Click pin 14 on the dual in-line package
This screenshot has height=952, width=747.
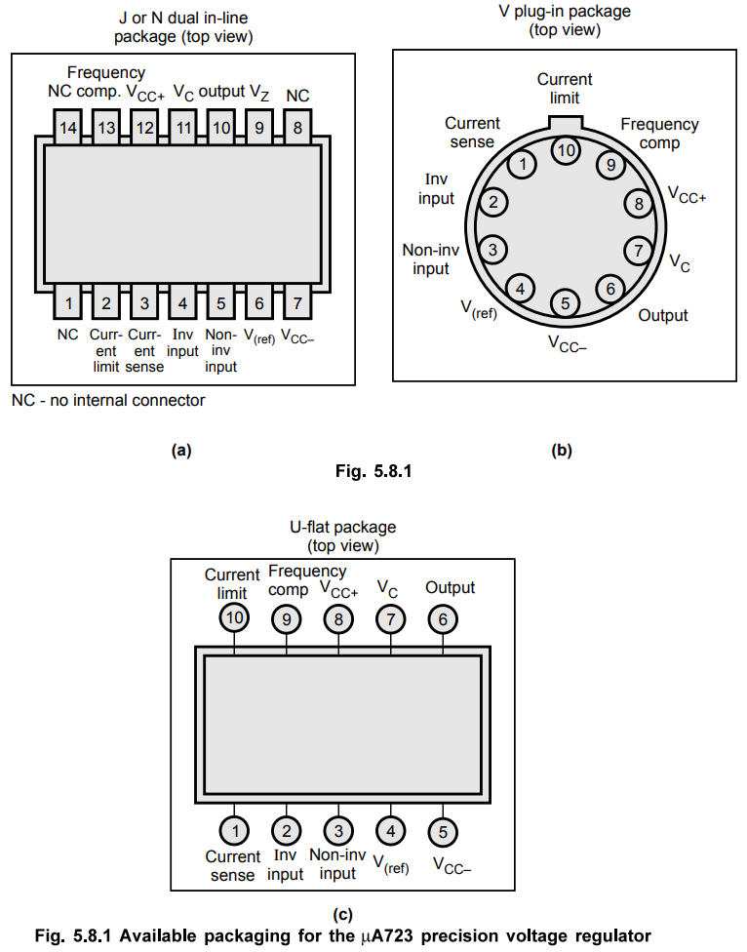(x=67, y=127)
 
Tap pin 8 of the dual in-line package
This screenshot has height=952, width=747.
(x=297, y=127)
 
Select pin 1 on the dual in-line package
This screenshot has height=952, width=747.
(x=68, y=301)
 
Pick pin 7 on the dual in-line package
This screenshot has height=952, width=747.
(x=297, y=301)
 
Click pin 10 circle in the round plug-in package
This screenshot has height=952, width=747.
(x=566, y=150)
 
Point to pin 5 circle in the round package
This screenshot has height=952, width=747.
(x=565, y=303)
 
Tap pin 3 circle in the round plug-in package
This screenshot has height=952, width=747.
(x=492, y=250)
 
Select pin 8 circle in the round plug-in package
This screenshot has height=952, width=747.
(x=639, y=204)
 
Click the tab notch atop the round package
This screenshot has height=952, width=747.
(x=566, y=123)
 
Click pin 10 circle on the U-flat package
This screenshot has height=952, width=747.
(x=234, y=618)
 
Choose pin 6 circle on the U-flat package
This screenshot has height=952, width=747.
(x=443, y=619)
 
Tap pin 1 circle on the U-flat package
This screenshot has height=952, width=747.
(x=234, y=831)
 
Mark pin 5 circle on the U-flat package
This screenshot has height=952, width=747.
(x=443, y=832)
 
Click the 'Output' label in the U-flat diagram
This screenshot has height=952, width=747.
(x=450, y=587)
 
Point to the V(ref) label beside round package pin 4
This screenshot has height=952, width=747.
(x=479, y=309)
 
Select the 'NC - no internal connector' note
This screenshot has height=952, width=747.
(x=108, y=400)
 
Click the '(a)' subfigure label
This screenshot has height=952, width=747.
(x=181, y=450)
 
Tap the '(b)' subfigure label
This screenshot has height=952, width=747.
(x=562, y=450)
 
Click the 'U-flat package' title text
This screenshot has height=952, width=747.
(x=343, y=527)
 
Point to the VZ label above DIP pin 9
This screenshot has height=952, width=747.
(x=259, y=93)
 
